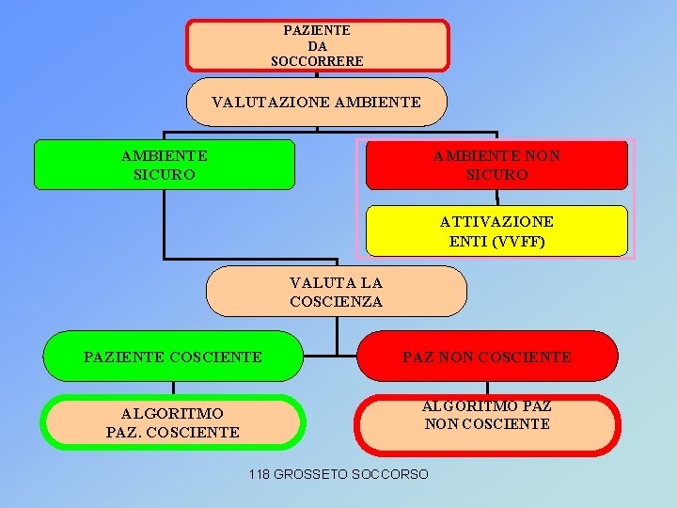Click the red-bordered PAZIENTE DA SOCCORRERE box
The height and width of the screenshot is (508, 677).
(x=317, y=45)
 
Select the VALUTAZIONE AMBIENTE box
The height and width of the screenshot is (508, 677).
(x=317, y=102)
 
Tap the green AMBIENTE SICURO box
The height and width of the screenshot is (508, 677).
(x=165, y=165)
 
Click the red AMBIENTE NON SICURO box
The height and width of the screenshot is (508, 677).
(x=496, y=165)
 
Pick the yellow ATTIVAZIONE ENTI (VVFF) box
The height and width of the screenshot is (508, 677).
(x=496, y=230)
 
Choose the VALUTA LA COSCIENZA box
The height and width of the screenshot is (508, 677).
(x=337, y=292)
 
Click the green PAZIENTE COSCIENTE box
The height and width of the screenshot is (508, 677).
(x=173, y=357)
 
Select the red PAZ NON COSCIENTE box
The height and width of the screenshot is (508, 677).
(x=487, y=357)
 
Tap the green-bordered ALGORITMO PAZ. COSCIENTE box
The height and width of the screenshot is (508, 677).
(x=173, y=422)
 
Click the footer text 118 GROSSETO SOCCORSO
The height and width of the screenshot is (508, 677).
(x=338, y=474)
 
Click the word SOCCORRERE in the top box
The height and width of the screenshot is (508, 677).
(x=317, y=61)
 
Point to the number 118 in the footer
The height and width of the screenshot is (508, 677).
(x=260, y=474)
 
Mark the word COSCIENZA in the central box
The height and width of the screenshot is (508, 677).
(x=337, y=302)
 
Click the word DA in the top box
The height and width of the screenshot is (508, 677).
(x=317, y=45)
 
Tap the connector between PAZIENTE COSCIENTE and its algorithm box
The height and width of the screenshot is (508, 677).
(x=173, y=388)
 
